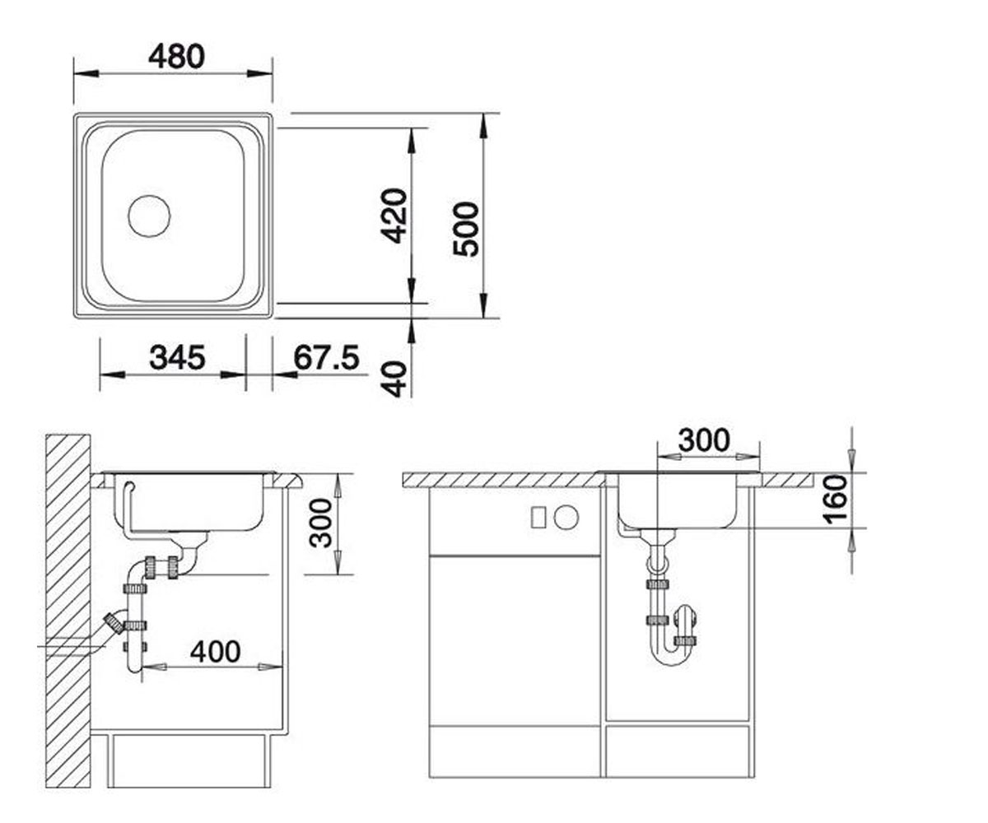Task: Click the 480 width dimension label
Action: tap(176, 56)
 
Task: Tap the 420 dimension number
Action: tap(394, 216)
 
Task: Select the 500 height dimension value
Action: tap(466, 230)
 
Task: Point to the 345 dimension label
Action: tap(178, 357)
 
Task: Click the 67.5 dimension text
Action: tap(327, 357)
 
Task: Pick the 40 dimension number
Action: tap(394, 379)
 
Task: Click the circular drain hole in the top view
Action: tap(149, 216)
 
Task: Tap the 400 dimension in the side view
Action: tap(215, 652)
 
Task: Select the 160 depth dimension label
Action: tap(836, 500)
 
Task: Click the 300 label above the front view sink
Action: tap(704, 440)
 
